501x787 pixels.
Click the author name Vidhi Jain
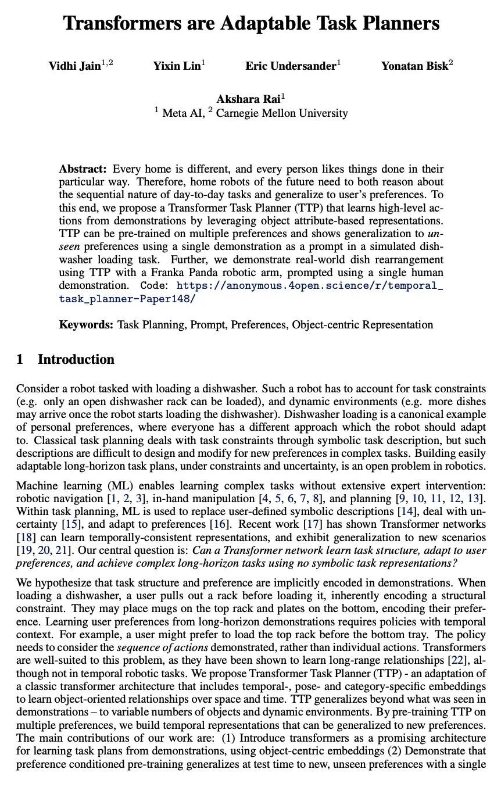tap(74, 66)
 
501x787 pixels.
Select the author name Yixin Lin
tap(176, 66)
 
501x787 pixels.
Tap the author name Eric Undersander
tap(290, 66)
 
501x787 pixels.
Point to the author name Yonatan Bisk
tap(414, 66)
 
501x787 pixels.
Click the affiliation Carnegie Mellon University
tap(282, 113)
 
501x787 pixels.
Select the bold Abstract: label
tap(83, 169)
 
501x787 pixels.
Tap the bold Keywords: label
tap(86, 324)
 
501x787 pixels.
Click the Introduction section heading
tap(76, 359)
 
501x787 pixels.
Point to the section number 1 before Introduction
tap(20, 359)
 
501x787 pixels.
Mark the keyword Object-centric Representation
tap(363, 324)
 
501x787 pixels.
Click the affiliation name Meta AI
tap(183, 113)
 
